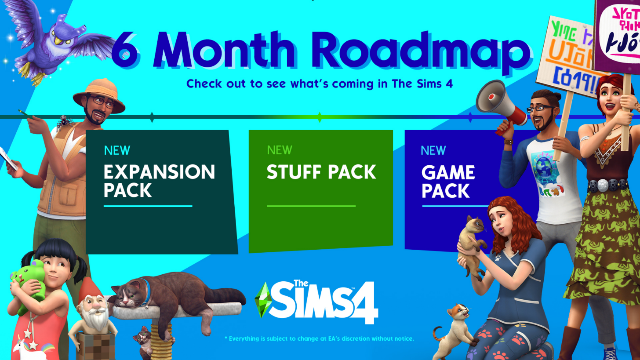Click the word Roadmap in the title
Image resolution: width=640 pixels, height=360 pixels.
point(422,53)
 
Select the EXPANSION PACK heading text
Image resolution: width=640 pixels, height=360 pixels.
point(159,180)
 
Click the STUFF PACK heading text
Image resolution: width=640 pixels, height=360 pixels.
point(321,172)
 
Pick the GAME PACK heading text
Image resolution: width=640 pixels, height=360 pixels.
point(448,181)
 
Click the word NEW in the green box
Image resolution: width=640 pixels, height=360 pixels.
point(280,150)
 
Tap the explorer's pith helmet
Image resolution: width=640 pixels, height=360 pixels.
point(99,92)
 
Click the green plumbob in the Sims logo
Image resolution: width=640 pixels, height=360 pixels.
point(263,299)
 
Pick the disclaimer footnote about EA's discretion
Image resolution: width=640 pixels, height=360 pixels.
point(319,338)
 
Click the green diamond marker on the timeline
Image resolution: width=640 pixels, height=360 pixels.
point(320,117)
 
